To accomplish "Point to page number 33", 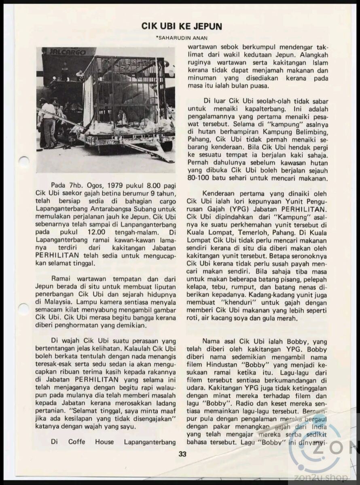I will click(x=182, y=454).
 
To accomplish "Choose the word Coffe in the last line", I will click(x=76, y=442).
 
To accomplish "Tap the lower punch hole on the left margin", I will click(x=23, y=309).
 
